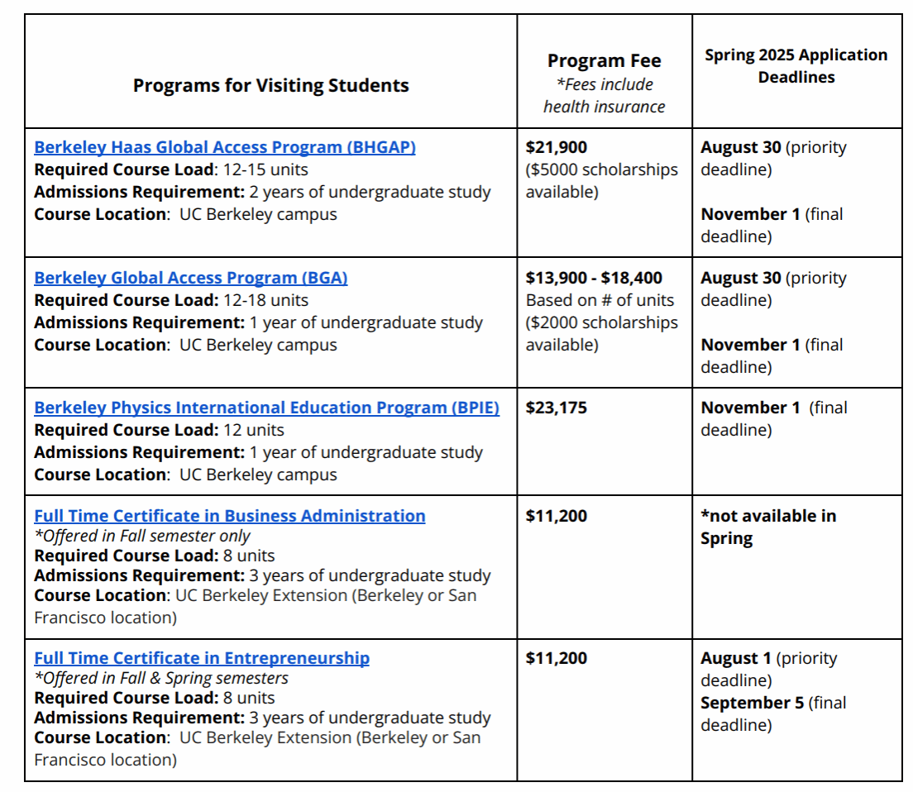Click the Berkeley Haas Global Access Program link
pyautogui.click(x=225, y=147)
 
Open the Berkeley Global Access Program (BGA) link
pyautogui.click(x=191, y=278)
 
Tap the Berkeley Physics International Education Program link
pyautogui.click(x=266, y=408)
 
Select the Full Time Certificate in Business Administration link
pyautogui.click(x=230, y=516)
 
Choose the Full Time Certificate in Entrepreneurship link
pyautogui.click(x=202, y=658)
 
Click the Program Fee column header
pyautogui.click(x=604, y=60)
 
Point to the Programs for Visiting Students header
pyautogui.click(x=270, y=85)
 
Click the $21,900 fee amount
pyautogui.click(x=557, y=147)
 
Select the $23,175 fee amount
pyautogui.click(x=557, y=408)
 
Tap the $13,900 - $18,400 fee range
pyautogui.click(x=594, y=278)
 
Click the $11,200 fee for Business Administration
pyautogui.click(x=557, y=516)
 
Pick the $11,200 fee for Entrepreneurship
pyautogui.click(x=557, y=658)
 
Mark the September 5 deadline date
pyautogui.click(x=751, y=703)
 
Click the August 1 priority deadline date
pyautogui.click(x=735, y=658)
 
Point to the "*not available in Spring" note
pyautogui.click(x=768, y=527)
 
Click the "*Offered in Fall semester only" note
pyautogui.click(x=142, y=536)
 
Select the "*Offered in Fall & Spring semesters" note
pyautogui.click(x=161, y=678)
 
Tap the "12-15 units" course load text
pyautogui.click(x=266, y=169)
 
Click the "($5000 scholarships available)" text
pyautogui.click(x=601, y=180)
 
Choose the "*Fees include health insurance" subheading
pyautogui.click(x=604, y=95)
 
